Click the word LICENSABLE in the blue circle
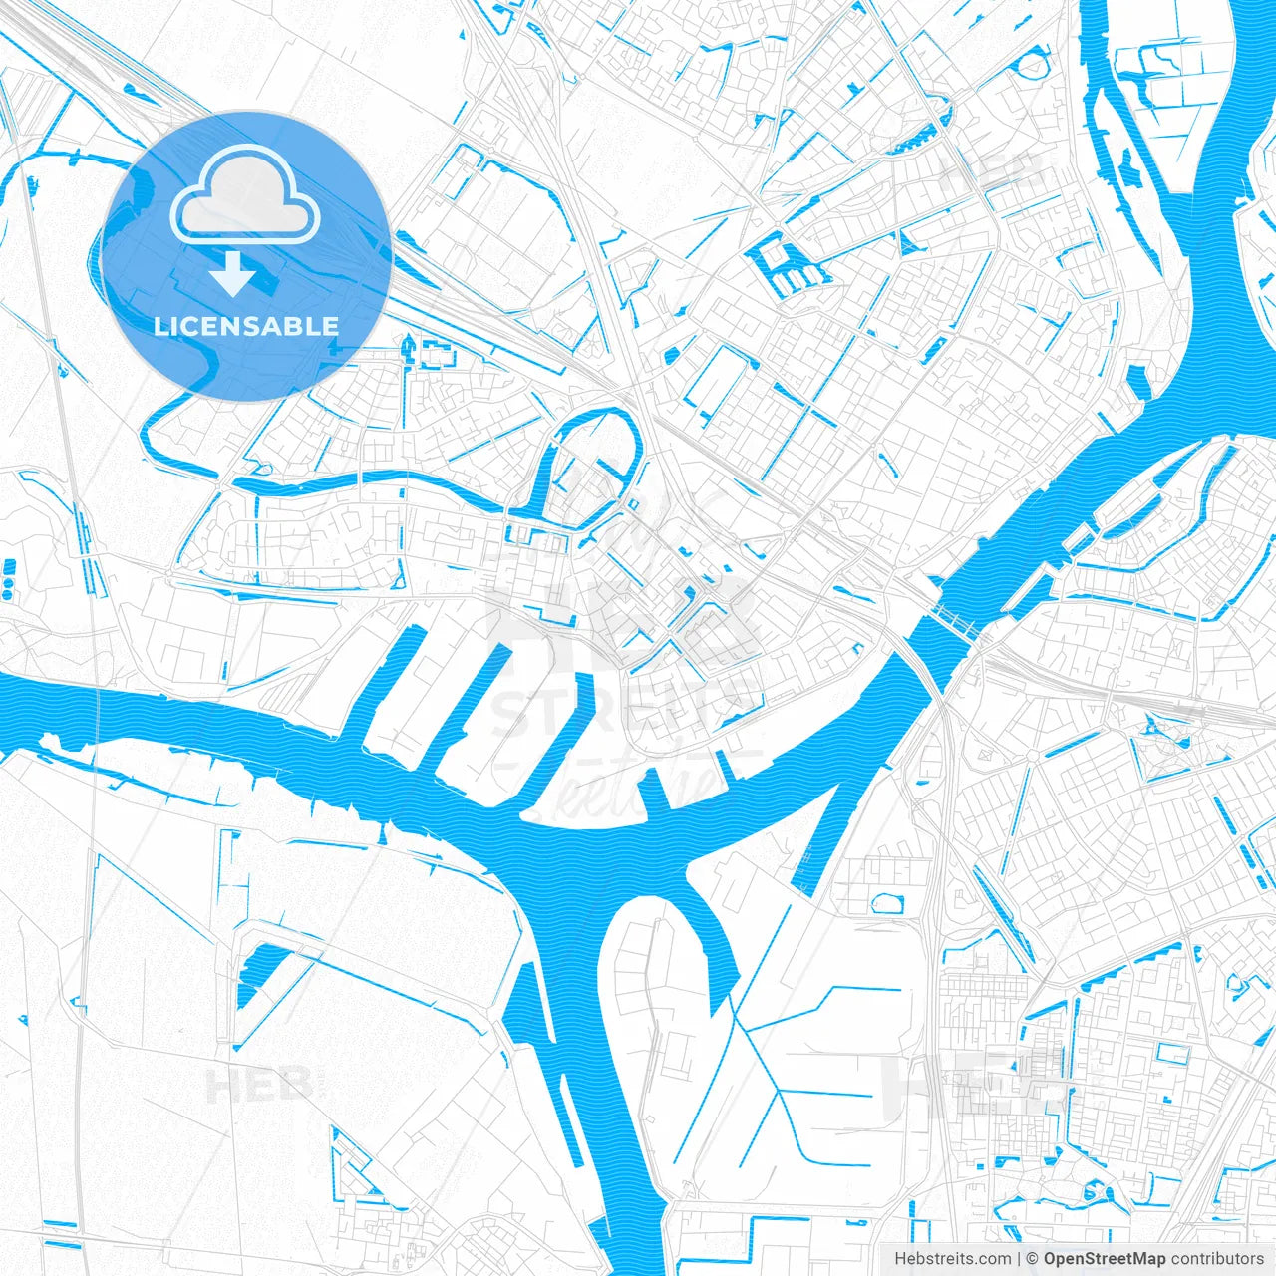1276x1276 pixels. click(x=245, y=327)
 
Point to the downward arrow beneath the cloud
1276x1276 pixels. click(x=234, y=274)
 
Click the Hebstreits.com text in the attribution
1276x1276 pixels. click(x=952, y=1259)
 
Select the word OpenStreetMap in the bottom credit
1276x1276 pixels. click(x=1105, y=1259)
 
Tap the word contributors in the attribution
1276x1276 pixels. click(x=1217, y=1259)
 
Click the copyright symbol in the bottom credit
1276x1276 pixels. click(x=1033, y=1259)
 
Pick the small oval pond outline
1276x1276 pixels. click(x=886, y=903)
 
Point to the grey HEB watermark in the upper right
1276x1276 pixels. click(x=992, y=177)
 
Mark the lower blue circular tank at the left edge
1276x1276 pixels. click(x=9, y=594)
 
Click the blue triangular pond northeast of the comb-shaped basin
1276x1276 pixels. click(x=908, y=243)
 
